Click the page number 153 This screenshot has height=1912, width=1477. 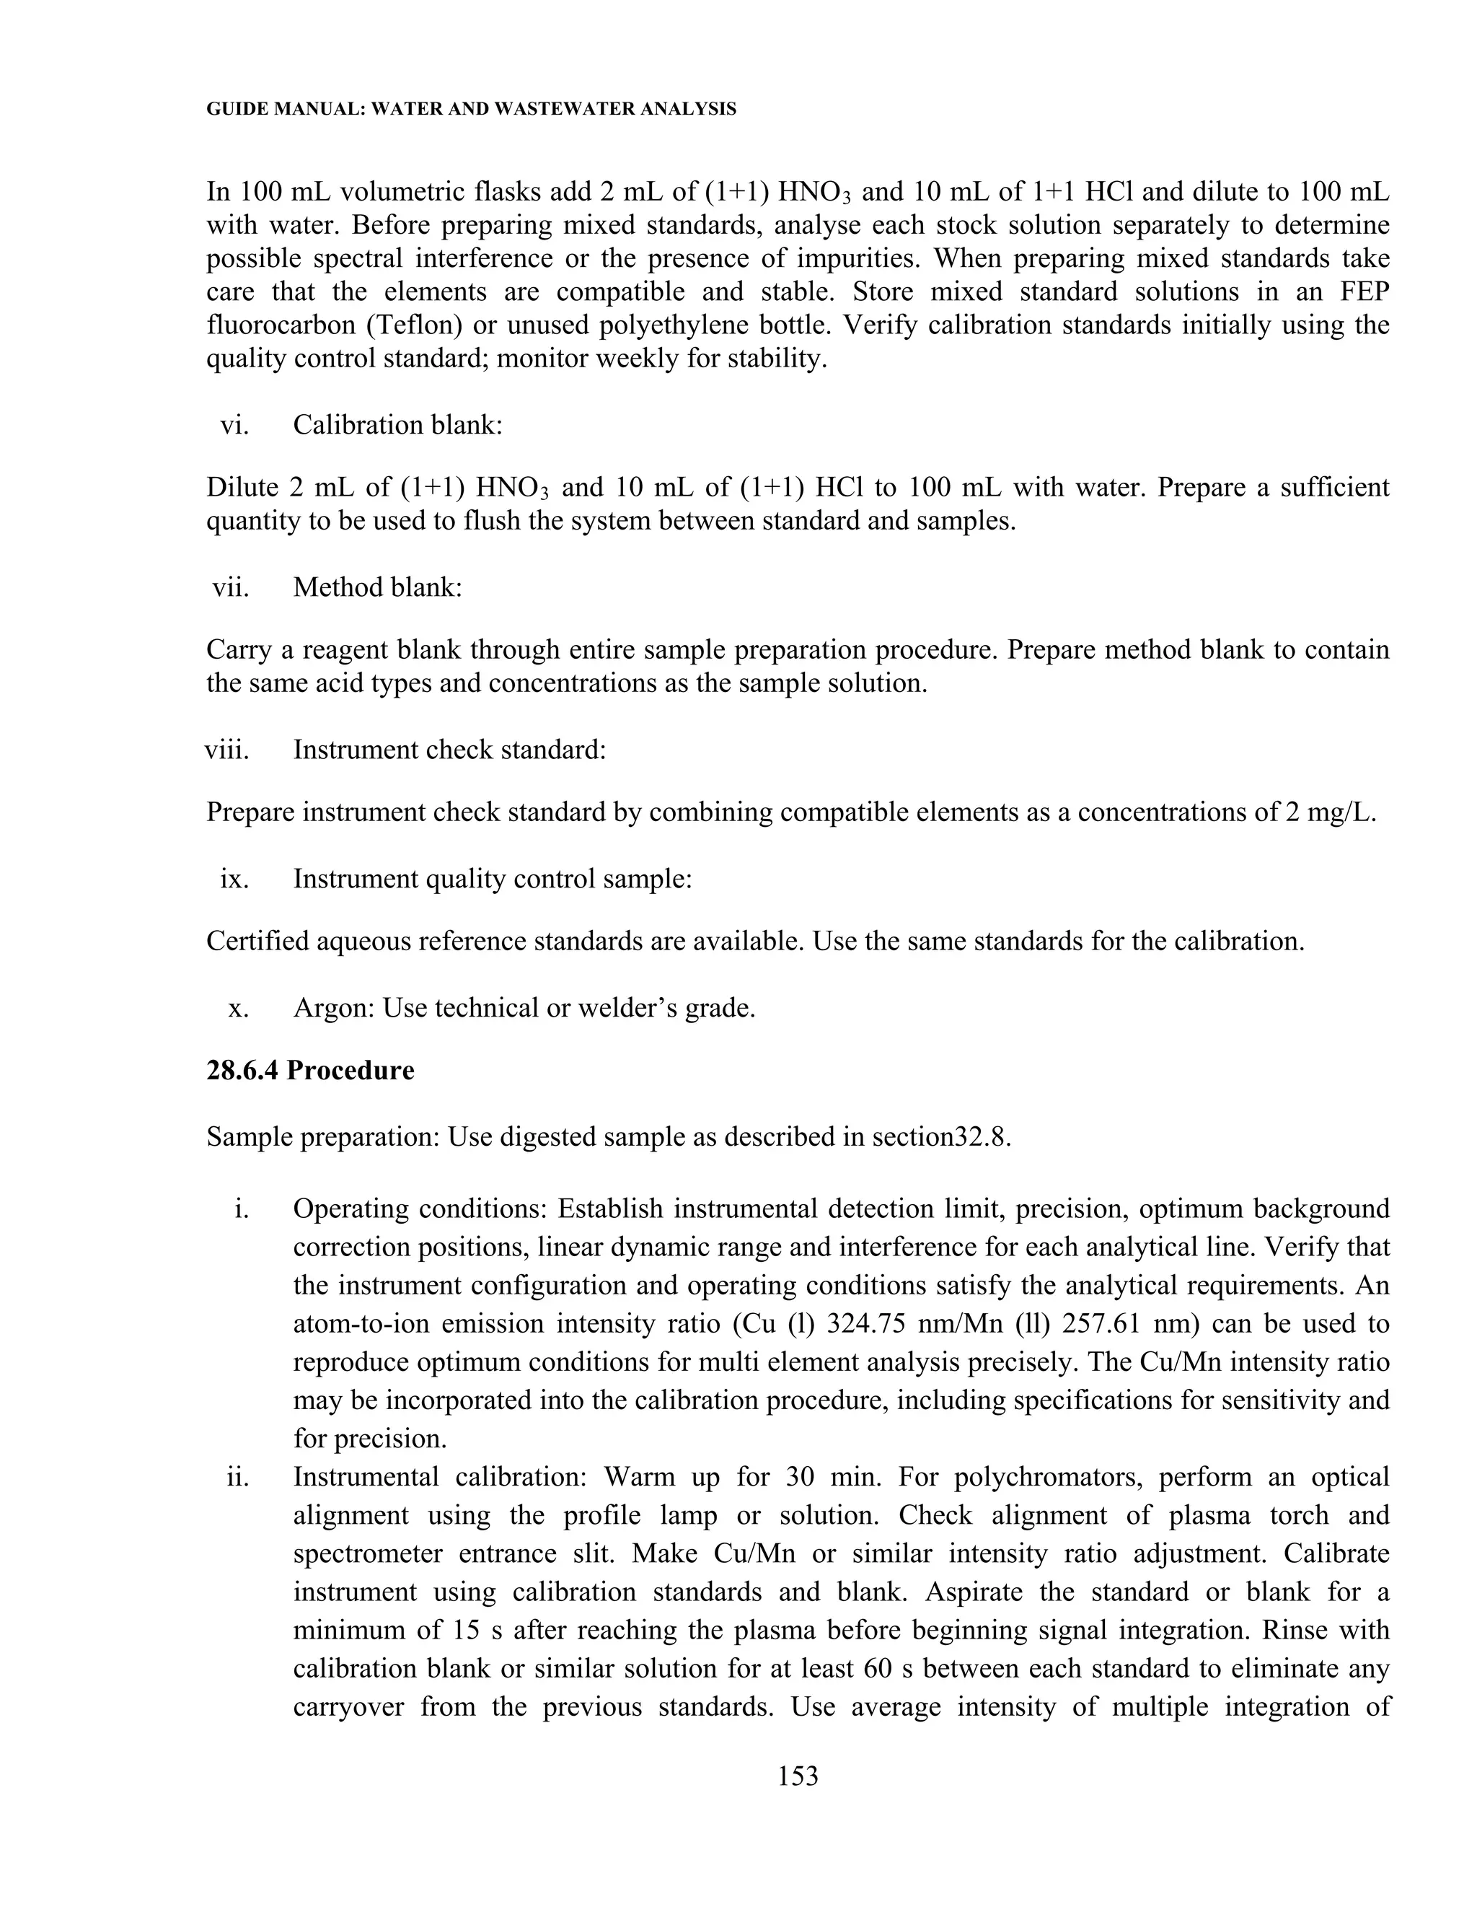(x=797, y=1776)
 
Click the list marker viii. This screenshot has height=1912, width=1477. (x=226, y=750)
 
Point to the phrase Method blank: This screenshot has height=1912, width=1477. (x=377, y=587)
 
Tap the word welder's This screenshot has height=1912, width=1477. (x=620, y=1009)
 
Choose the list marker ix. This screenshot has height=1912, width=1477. (x=234, y=878)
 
